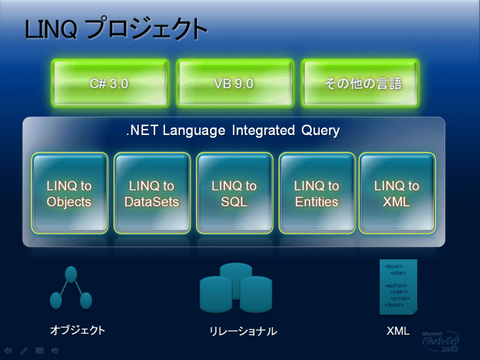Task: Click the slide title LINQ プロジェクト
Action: tap(116, 29)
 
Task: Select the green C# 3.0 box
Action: tap(109, 83)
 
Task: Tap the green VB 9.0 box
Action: tap(234, 83)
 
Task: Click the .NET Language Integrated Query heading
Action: tap(233, 130)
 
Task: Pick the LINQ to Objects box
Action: tap(70, 193)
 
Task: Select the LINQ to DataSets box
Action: tap(152, 193)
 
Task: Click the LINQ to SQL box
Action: tap(234, 193)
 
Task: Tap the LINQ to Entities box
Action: tap(317, 193)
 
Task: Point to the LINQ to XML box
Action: tap(396, 193)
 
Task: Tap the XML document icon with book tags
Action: tap(398, 287)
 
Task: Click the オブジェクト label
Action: tap(77, 329)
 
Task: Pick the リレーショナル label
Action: tap(243, 331)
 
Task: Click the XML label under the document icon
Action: tap(398, 330)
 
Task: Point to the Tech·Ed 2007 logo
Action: tap(440, 342)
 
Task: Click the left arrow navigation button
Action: tap(8, 350)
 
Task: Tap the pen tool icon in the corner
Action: tap(24, 350)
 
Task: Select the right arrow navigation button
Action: tap(55, 350)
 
